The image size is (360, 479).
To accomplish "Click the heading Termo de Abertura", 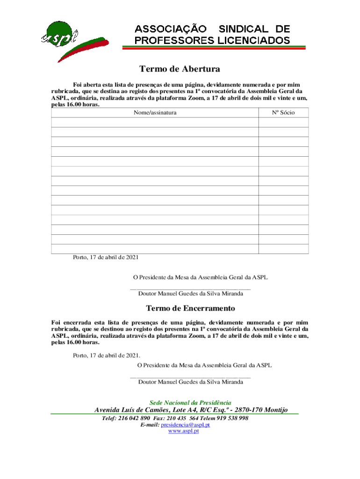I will coord(180,69).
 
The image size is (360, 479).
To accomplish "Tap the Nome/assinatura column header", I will coord(155,113).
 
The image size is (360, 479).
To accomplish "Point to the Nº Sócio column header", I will coord(283,113).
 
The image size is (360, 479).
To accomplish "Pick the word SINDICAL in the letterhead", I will coord(242,29).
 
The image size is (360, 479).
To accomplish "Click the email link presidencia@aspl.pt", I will coord(185,425).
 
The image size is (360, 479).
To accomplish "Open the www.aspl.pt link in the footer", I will coord(183,431).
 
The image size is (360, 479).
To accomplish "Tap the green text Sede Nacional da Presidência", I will coord(190,403).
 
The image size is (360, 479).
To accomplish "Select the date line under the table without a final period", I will coord(106,257).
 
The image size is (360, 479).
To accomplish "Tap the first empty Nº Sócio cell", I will coord(283,123).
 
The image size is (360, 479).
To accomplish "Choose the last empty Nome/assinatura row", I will coord(155,249).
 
